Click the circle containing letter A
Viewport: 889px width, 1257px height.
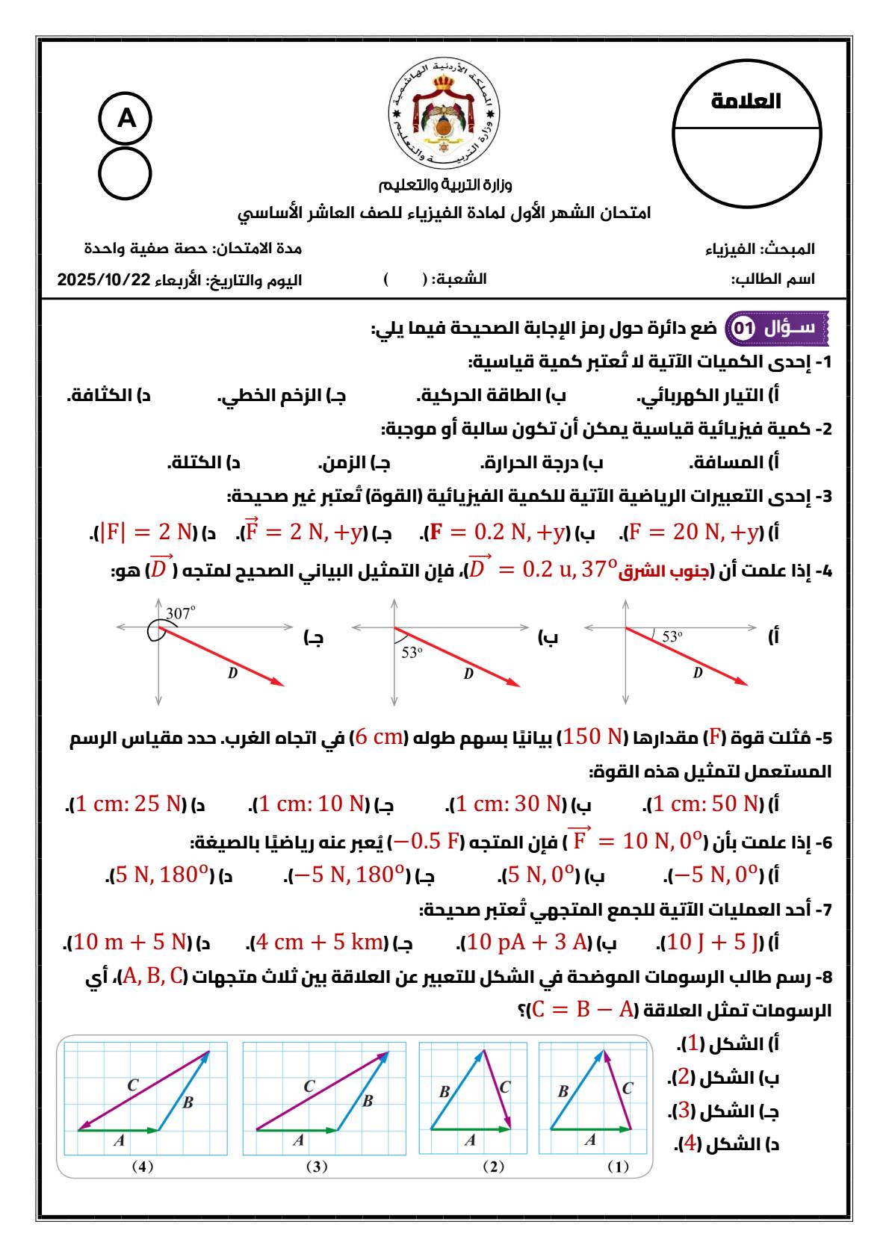(126, 118)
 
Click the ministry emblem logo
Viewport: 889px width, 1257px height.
(444, 112)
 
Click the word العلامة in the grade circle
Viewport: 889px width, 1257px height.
(746, 101)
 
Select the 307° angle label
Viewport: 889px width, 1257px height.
(180, 612)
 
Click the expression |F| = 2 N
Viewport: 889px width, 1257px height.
(146, 532)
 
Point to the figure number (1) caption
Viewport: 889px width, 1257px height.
(618, 1167)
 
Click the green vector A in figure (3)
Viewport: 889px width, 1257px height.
(297, 1130)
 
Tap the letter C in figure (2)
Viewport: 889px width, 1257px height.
(505, 1087)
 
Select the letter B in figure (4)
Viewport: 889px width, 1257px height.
(188, 1102)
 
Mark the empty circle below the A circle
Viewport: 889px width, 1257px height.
(126, 174)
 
